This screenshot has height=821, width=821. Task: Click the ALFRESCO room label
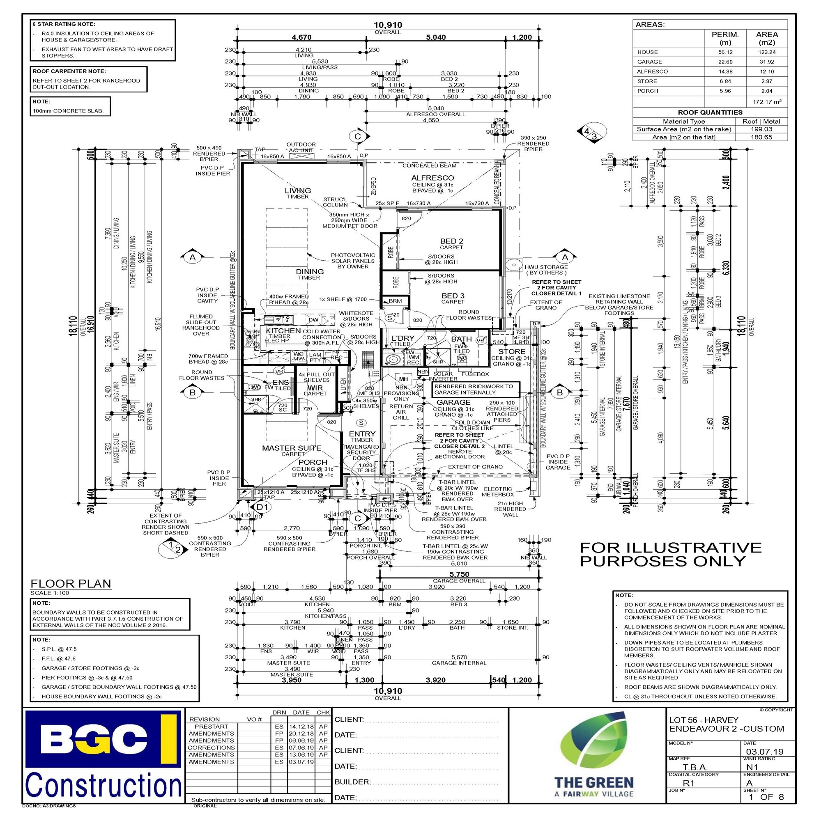(x=432, y=178)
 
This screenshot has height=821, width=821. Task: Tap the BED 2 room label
(x=451, y=241)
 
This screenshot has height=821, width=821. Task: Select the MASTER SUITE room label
(x=291, y=448)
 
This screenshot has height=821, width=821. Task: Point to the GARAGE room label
(x=453, y=402)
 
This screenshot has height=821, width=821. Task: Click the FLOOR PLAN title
(x=71, y=583)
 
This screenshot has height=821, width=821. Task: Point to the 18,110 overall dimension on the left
(x=73, y=326)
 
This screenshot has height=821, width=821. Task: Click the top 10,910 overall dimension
(x=387, y=25)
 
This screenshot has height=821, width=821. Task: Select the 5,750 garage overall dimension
(x=459, y=574)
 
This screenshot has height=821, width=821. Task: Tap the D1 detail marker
(x=262, y=507)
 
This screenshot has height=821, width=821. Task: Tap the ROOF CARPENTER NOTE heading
(x=69, y=71)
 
